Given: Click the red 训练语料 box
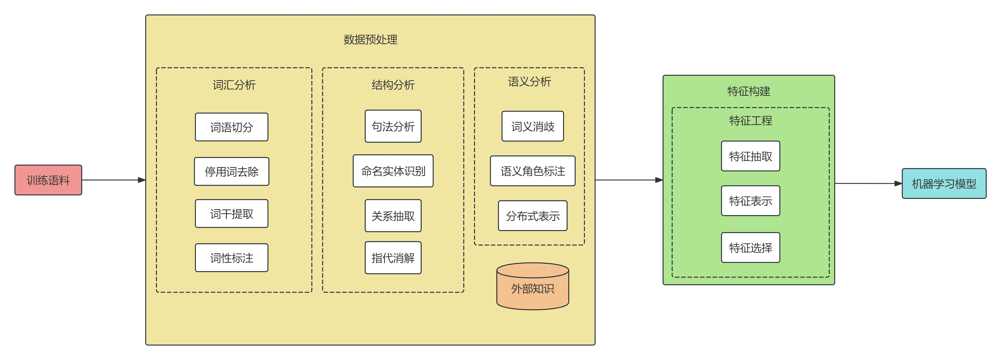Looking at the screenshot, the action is click(x=48, y=180).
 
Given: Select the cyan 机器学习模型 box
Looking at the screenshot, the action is click(x=944, y=184).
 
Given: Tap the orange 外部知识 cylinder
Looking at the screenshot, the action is click(x=533, y=286).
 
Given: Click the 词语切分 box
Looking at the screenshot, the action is click(x=232, y=127).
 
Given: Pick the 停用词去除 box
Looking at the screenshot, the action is click(x=232, y=171).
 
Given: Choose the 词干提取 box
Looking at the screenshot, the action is click(x=232, y=213).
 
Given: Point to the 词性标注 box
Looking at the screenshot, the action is click(x=232, y=258).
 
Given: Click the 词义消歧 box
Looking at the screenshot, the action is click(x=533, y=126).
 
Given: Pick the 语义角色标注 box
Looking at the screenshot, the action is click(x=533, y=171).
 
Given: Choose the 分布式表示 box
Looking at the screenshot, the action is click(x=533, y=216).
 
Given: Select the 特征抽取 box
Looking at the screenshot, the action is click(x=750, y=156).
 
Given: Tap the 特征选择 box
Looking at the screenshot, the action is click(x=750, y=248).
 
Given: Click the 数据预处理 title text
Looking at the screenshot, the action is click(x=370, y=39).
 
